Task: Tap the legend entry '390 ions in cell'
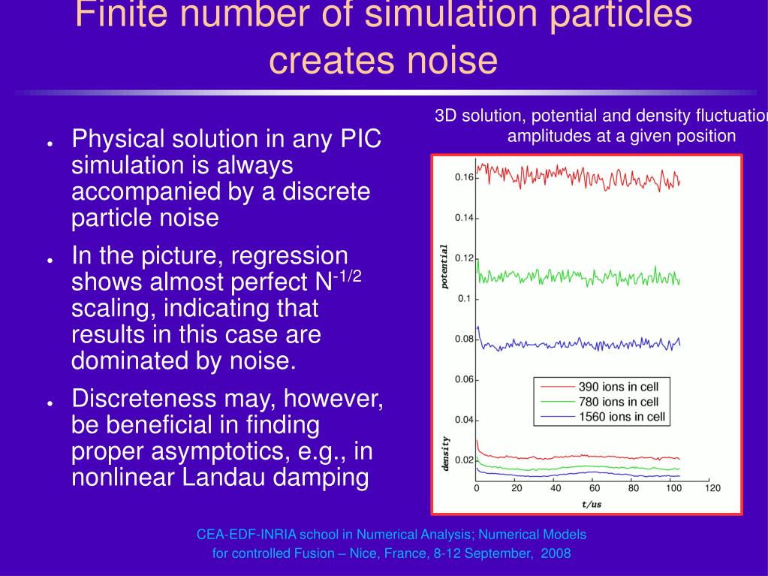(x=619, y=388)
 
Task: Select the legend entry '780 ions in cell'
(x=619, y=403)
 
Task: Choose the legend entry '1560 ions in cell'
(x=622, y=418)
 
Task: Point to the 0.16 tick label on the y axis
(x=464, y=178)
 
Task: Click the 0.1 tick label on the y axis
(x=465, y=299)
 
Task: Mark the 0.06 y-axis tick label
(x=464, y=379)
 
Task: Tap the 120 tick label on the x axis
(x=712, y=488)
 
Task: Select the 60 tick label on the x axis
(x=595, y=488)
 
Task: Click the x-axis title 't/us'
(x=592, y=504)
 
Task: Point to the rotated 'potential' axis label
(x=444, y=267)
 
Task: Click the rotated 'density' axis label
(x=444, y=454)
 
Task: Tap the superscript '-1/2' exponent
(x=348, y=275)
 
